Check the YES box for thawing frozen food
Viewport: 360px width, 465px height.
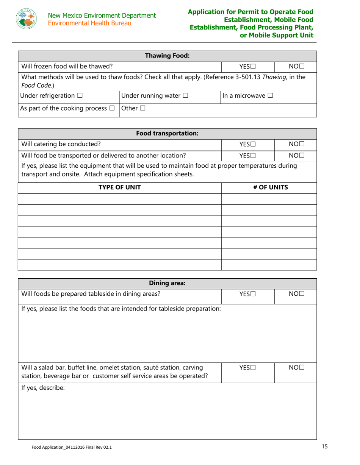coord(253,67)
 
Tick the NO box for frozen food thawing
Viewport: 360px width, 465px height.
coord(302,67)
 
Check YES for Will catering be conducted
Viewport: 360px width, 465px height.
coord(253,144)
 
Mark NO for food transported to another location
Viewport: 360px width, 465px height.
coord(302,155)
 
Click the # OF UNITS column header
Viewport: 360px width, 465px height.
coord(269,187)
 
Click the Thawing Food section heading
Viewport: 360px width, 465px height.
coord(167,56)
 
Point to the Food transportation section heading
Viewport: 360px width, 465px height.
coord(167,133)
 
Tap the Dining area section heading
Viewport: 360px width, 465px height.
coord(167,283)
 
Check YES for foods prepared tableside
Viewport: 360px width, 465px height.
coord(253,294)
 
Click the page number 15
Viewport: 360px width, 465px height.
coord(324,447)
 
